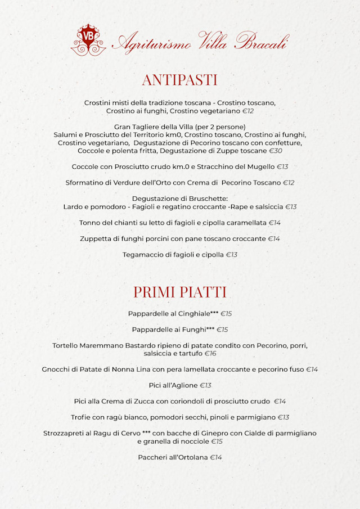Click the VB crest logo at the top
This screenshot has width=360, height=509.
[x=88, y=39]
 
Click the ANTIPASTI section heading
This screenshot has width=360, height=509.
[x=179, y=79]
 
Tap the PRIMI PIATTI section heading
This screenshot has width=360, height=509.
[x=179, y=292]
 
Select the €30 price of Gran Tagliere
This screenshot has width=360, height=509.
[x=275, y=151]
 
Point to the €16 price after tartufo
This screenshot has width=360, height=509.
[x=210, y=354]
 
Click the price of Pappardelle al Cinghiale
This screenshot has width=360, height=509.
[x=226, y=313]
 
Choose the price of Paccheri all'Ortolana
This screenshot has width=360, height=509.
[x=216, y=457]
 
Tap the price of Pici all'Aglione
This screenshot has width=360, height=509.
[x=205, y=385]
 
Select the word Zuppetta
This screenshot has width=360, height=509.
[x=97, y=239]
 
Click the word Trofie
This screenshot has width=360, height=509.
[x=81, y=417]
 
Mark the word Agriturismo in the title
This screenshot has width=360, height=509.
[x=151, y=42]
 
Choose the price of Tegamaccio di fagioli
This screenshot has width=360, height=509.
[x=232, y=255]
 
